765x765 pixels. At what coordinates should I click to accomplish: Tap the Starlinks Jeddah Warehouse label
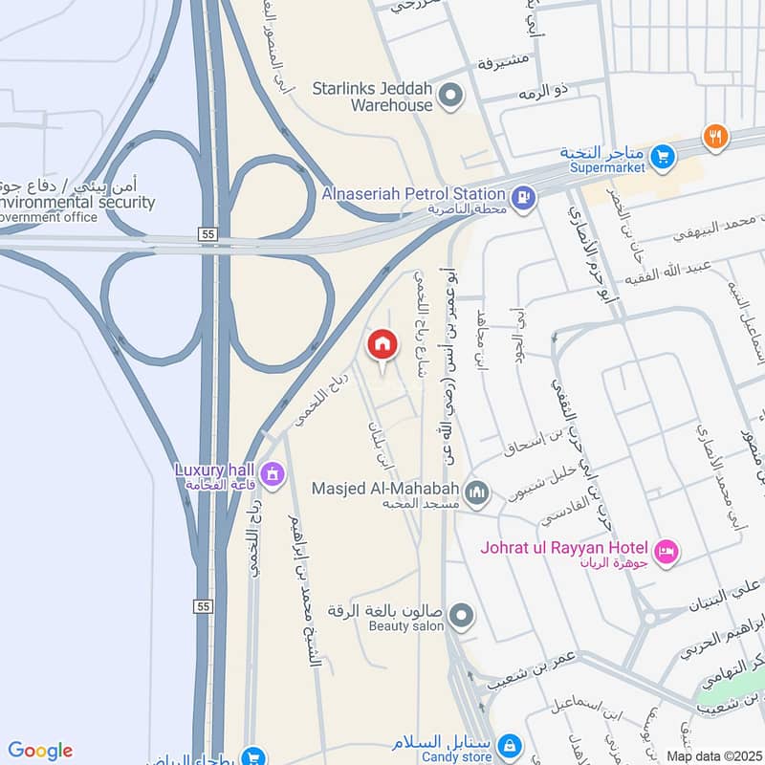tap(373, 97)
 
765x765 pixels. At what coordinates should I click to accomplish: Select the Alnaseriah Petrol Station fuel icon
tap(523, 199)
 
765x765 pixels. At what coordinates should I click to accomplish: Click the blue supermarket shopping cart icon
tap(661, 155)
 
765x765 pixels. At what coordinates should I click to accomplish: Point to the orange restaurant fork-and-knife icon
tap(714, 137)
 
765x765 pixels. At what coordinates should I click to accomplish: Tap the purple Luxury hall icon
tap(273, 473)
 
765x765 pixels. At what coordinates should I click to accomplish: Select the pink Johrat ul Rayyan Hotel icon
tap(667, 551)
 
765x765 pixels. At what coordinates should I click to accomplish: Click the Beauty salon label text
tap(406, 626)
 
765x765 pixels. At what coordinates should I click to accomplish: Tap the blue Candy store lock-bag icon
tap(510, 744)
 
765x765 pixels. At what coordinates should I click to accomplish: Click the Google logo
tap(40, 751)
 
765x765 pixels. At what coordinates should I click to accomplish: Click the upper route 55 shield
tap(207, 232)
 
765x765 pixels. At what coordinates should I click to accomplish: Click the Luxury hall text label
tap(212, 470)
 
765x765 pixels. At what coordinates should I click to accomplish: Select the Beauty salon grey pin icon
tap(461, 617)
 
